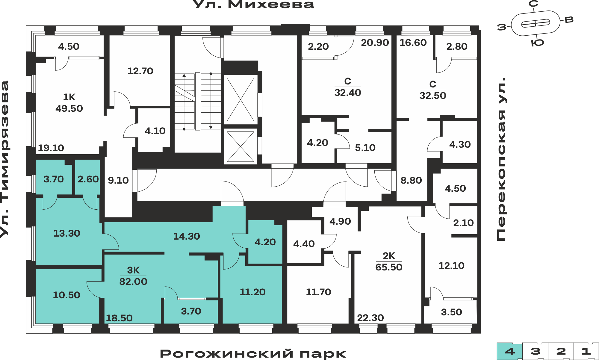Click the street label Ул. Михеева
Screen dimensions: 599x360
coord(253,4)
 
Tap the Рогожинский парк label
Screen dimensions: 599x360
coord(253,353)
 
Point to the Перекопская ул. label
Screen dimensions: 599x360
coord(501,159)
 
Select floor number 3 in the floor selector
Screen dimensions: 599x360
coord(535,351)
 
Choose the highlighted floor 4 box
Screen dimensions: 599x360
coord(510,351)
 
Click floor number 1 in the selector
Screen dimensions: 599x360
coord(586,351)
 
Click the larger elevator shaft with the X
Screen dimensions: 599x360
coord(240,99)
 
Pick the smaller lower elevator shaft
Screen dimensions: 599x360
coord(240,146)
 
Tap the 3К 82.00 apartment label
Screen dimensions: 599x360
coord(133,276)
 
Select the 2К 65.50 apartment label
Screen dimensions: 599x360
coord(389,261)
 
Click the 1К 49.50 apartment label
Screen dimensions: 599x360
coord(69,103)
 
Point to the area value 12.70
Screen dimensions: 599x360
coord(140,71)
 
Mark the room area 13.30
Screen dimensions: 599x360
coord(67,233)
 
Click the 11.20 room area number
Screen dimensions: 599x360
coord(252,292)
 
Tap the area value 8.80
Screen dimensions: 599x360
coord(411,180)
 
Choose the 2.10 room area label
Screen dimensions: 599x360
coord(463,223)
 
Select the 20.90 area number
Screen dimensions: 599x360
coord(375,43)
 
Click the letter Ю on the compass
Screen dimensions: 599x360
coord(538,43)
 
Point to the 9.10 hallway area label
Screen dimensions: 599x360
coord(118,180)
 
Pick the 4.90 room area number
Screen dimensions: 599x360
coord(340,221)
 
